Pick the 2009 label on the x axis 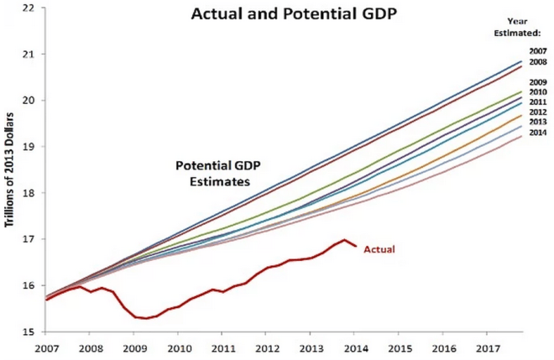click(133, 347)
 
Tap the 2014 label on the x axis click(357, 347)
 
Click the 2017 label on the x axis click(490, 347)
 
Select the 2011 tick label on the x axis click(222, 347)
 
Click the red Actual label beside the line click(379, 249)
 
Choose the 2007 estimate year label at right click(538, 51)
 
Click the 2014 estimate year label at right click(538, 133)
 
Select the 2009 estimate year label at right click(538, 81)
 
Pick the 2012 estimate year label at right click(538, 112)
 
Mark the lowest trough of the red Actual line click(147, 319)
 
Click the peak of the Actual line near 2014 click(344, 240)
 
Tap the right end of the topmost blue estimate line click(521, 61)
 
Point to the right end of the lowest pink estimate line click(521, 136)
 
